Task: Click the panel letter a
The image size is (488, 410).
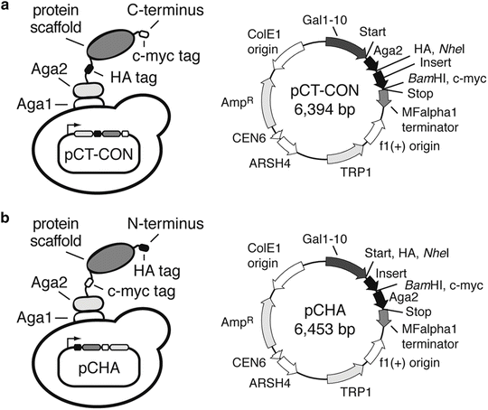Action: [x=7, y=7]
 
